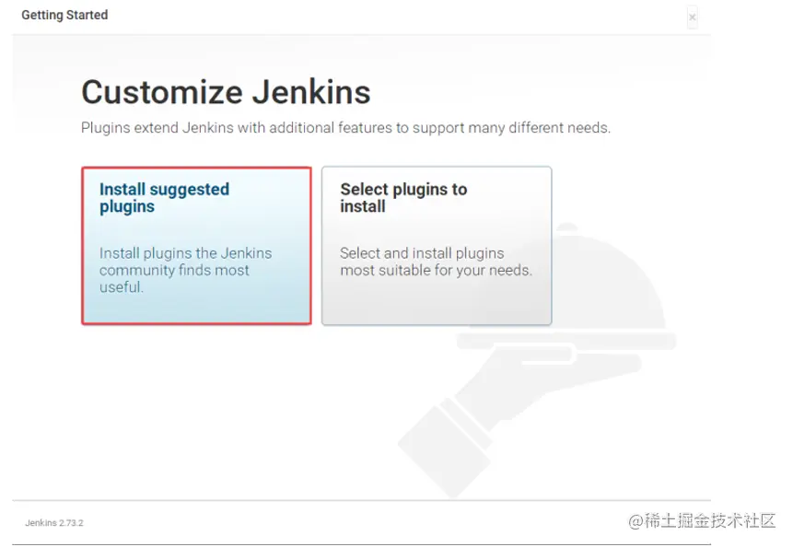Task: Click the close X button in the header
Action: tap(693, 17)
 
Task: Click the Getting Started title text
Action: tap(64, 15)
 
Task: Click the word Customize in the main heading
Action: tap(162, 92)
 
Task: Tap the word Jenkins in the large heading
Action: tap(311, 92)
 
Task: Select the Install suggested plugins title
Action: tap(164, 198)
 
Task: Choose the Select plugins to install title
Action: tap(403, 198)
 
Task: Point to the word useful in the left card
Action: tap(122, 287)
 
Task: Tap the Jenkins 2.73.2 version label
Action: tap(54, 523)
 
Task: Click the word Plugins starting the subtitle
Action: tap(106, 128)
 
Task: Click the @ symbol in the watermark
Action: tap(636, 520)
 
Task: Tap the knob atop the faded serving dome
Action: tap(567, 227)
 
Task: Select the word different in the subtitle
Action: tap(535, 128)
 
